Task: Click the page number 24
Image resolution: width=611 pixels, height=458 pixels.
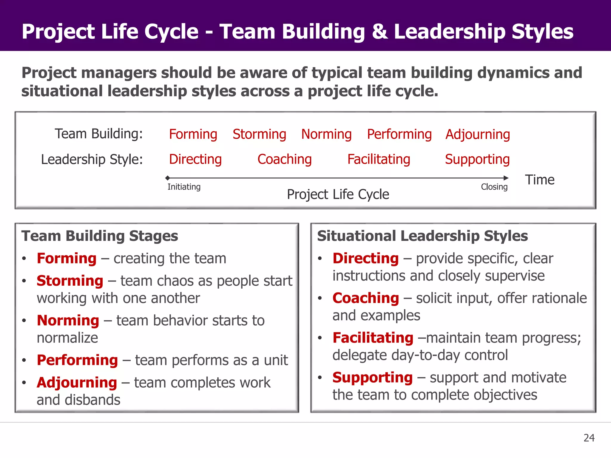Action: click(589, 438)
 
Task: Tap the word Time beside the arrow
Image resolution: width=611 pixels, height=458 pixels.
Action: click(540, 180)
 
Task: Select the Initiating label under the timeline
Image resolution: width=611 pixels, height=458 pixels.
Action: click(184, 187)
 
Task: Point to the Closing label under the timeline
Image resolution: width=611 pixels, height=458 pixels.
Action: click(494, 187)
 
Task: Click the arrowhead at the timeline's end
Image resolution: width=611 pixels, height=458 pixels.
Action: click(506, 178)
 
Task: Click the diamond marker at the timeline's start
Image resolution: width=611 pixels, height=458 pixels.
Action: click(168, 178)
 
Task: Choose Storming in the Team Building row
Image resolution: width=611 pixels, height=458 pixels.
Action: click(259, 134)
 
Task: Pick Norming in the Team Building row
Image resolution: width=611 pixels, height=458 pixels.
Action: click(326, 134)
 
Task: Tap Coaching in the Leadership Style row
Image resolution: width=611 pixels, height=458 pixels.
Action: click(284, 159)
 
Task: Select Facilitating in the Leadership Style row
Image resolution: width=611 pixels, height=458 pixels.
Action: click(379, 159)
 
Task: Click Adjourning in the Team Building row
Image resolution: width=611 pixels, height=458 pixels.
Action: click(478, 134)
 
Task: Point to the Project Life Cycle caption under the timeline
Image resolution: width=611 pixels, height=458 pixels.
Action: click(338, 194)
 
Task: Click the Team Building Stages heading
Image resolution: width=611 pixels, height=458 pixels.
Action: click(100, 236)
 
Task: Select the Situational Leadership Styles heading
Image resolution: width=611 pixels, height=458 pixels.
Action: click(422, 236)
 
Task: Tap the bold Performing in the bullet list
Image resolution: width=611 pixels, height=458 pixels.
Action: click(77, 360)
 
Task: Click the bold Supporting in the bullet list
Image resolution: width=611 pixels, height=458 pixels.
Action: click(373, 377)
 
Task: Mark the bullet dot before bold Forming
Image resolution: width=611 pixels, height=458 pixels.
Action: click(24, 259)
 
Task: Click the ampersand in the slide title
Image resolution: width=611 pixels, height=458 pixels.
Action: click(379, 32)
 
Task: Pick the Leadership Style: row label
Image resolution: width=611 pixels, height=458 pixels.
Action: click(92, 160)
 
